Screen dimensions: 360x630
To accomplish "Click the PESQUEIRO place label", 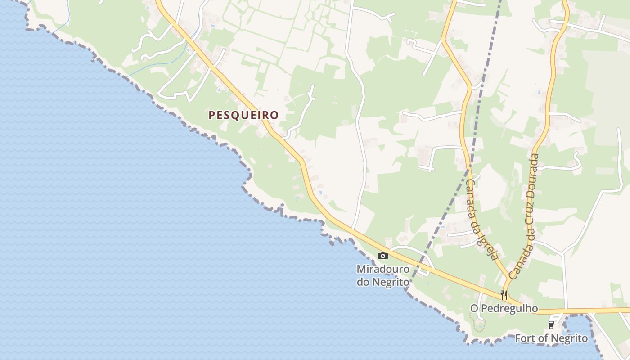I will pyautogui.click(x=243, y=115).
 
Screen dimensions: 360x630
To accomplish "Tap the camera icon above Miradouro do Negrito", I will pyautogui.click(x=383, y=256).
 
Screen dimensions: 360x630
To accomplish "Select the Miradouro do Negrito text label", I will pyautogui.click(x=383, y=275).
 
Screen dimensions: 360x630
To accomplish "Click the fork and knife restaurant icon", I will pyautogui.click(x=504, y=295).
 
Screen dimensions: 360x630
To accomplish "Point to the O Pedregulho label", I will pyautogui.click(x=504, y=309).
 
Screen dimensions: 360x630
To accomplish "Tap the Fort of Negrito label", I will pyautogui.click(x=551, y=338).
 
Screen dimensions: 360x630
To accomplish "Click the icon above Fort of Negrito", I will pyautogui.click(x=551, y=325).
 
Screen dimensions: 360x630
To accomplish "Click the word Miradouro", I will pyautogui.click(x=383, y=269).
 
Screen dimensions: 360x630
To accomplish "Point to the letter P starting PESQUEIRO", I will pyautogui.click(x=212, y=115).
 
